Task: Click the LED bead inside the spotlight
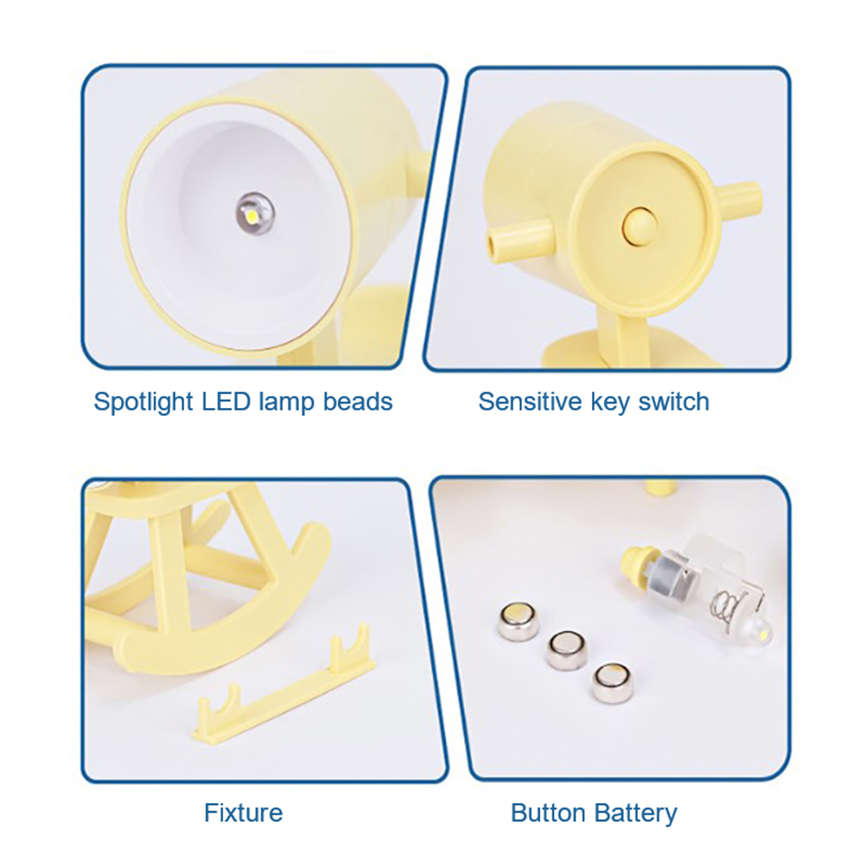[255, 213]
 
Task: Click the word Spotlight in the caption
[143, 402]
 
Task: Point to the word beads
[358, 402]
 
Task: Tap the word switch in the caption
[674, 402]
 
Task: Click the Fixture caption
[244, 813]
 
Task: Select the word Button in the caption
[549, 813]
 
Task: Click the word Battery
[636, 813]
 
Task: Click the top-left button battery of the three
[519, 621]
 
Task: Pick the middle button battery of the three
[566, 650]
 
